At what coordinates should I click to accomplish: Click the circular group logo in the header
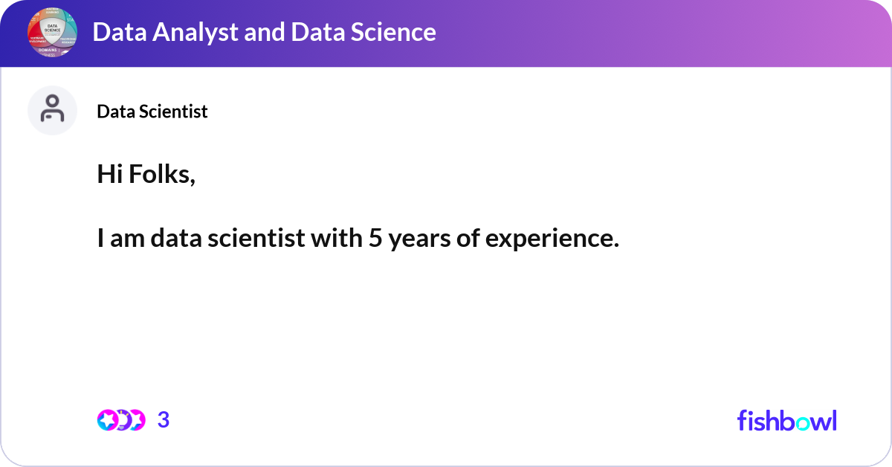pos(52,33)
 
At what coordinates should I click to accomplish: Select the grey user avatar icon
pos(52,110)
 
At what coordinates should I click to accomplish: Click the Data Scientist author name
pos(152,112)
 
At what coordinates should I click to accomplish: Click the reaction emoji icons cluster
pos(120,420)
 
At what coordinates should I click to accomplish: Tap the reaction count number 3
pos(164,420)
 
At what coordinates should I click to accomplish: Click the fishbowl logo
pos(786,420)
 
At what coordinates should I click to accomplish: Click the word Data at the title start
pos(115,32)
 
